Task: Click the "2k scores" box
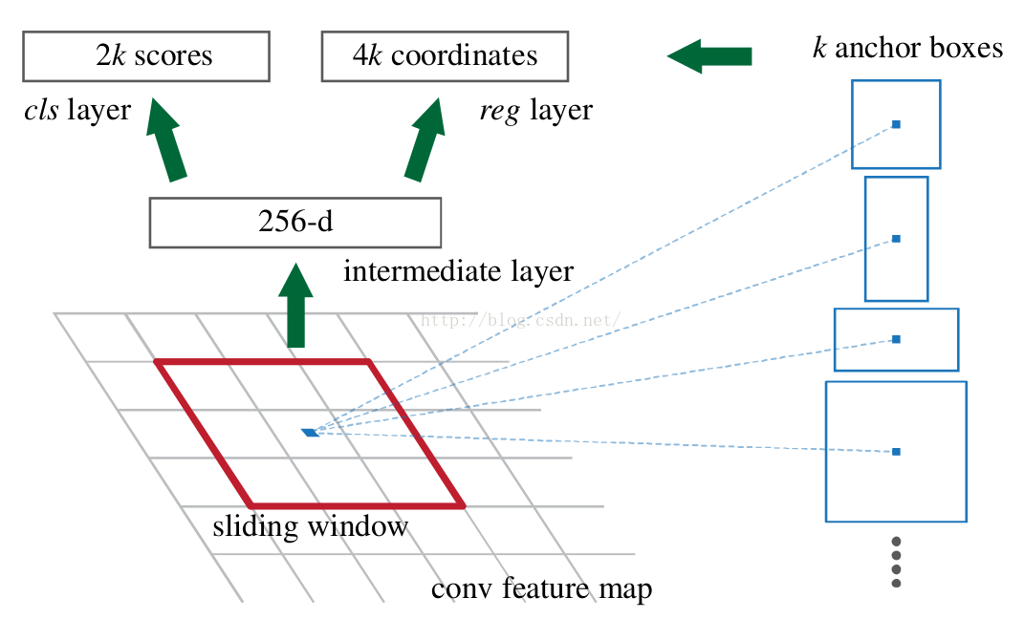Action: pos(146,56)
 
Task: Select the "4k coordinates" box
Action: pos(445,56)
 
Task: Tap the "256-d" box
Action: pos(295,223)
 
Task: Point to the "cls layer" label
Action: pos(77,110)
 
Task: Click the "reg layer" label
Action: pos(536,110)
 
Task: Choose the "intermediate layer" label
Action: pos(458,270)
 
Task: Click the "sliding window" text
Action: pos(310,525)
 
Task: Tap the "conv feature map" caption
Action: pos(541,588)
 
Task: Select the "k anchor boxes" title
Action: pos(907,48)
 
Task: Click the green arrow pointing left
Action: pos(709,56)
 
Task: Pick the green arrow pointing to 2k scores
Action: pos(165,139)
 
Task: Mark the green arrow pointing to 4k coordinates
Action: pos(425,139)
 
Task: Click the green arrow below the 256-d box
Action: pos(295,306)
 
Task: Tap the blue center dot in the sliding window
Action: pos(310,433)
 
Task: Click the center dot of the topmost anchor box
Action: pos(896,124)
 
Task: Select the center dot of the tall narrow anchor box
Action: pos(896,239)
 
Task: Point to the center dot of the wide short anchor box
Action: pos(896,339)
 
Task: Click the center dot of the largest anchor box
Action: pos(896,452)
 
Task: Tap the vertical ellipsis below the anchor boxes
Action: pos(896,563)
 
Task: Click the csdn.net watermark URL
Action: pos(520,320)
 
